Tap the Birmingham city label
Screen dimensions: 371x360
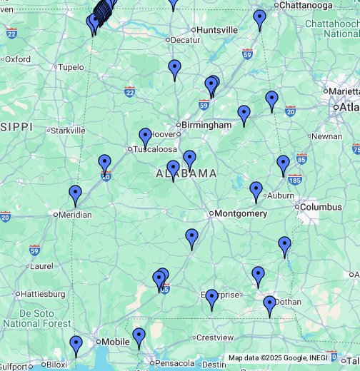point(206,125)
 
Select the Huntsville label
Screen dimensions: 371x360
point(217,30)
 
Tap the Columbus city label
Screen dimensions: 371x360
point(321,207)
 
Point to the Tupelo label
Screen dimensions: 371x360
point(71,68)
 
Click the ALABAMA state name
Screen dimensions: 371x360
point(186,173)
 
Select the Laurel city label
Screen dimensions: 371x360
point(41,266)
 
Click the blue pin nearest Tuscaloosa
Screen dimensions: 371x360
point(145,137)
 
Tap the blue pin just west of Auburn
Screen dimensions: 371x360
point(256,190)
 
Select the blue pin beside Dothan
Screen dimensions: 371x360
point(269,305)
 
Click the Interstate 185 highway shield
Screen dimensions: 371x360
point(295,179)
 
